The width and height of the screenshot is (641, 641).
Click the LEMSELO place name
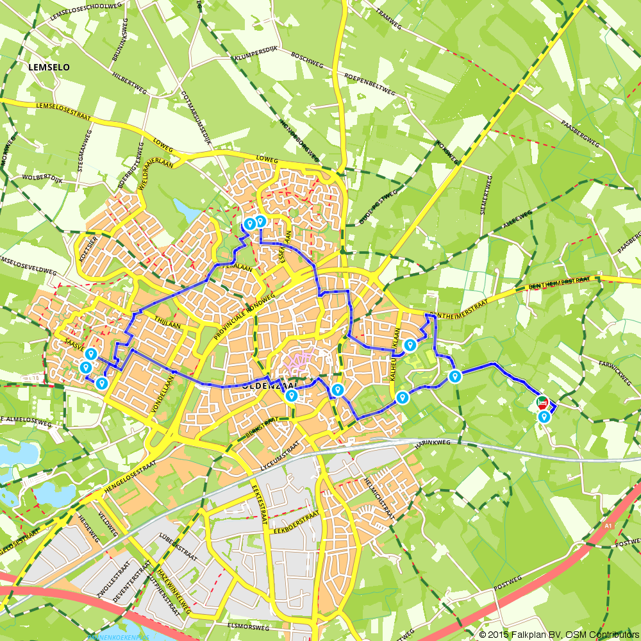click(x=49, y=67)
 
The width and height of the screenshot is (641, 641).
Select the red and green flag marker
click(x=542, y=402)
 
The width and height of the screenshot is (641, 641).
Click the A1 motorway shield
click(x=607, y=526)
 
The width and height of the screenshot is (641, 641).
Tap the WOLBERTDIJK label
click(x=40, y=176)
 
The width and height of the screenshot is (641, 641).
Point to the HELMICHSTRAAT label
click(x=378, y=497)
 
